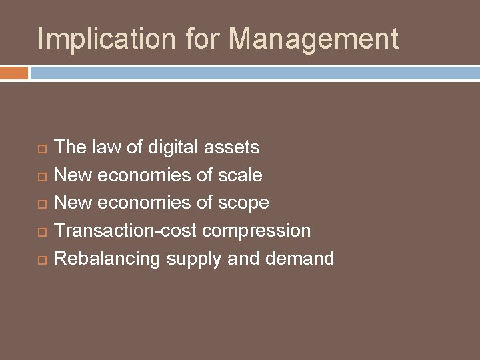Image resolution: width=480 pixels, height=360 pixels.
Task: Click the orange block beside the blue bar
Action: click(x=14, y=73)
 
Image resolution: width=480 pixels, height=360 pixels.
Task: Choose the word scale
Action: click(x=239, y=175)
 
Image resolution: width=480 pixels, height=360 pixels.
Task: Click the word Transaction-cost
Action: click(x=125, y=230)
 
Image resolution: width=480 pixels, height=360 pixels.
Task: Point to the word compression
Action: click(x=257, y=231)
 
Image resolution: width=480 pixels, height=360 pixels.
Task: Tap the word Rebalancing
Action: click(x=107, y=258)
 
